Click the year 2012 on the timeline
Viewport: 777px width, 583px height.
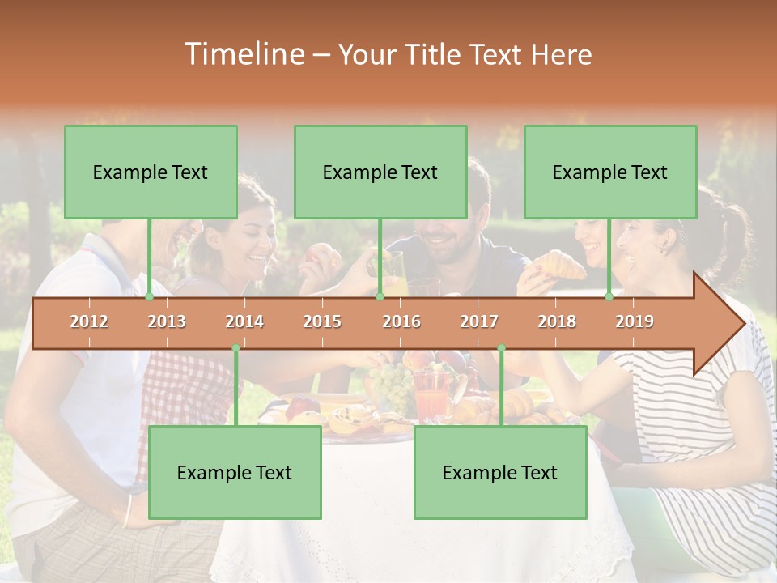pyautogui.click(x=89, y=321)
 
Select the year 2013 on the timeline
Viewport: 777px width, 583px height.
pyautogui.click(x=167, y=321)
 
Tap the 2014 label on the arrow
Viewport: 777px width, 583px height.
pyautogui.click(x=244, y=321)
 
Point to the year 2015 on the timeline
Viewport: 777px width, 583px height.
pyautogui.click(x=322, y=321)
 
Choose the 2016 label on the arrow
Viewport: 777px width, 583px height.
pyautogui.click(x=401, y=321)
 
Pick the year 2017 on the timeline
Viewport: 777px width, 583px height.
pyautogui.click(x=479, y=321)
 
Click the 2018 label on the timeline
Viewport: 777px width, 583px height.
pyautogui.click(x=557, y=321)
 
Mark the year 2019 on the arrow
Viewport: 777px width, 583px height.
pyautogui.click(x=635, y=321)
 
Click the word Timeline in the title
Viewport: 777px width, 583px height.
pyautogui.click(x=243, y=54)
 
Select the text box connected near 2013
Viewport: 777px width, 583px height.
pyautogui.click(x=151, y=172)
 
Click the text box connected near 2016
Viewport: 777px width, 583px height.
pyautogui.click(x=380, y=172)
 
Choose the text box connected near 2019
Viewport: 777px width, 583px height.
pyautogui.click(x=610, y=172)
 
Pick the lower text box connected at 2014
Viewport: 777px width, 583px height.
pyautogui.click(x=235, y=473)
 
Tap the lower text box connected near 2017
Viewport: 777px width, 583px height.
pyautogui.click(x=500, y=473)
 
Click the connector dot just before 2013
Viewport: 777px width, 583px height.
pyautogui.click(x=149, y=296)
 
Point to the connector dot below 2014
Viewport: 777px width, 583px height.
pyautogui.click(x=236, y=348)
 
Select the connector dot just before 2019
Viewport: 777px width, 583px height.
pyautogui.click(x=609, y=296)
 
